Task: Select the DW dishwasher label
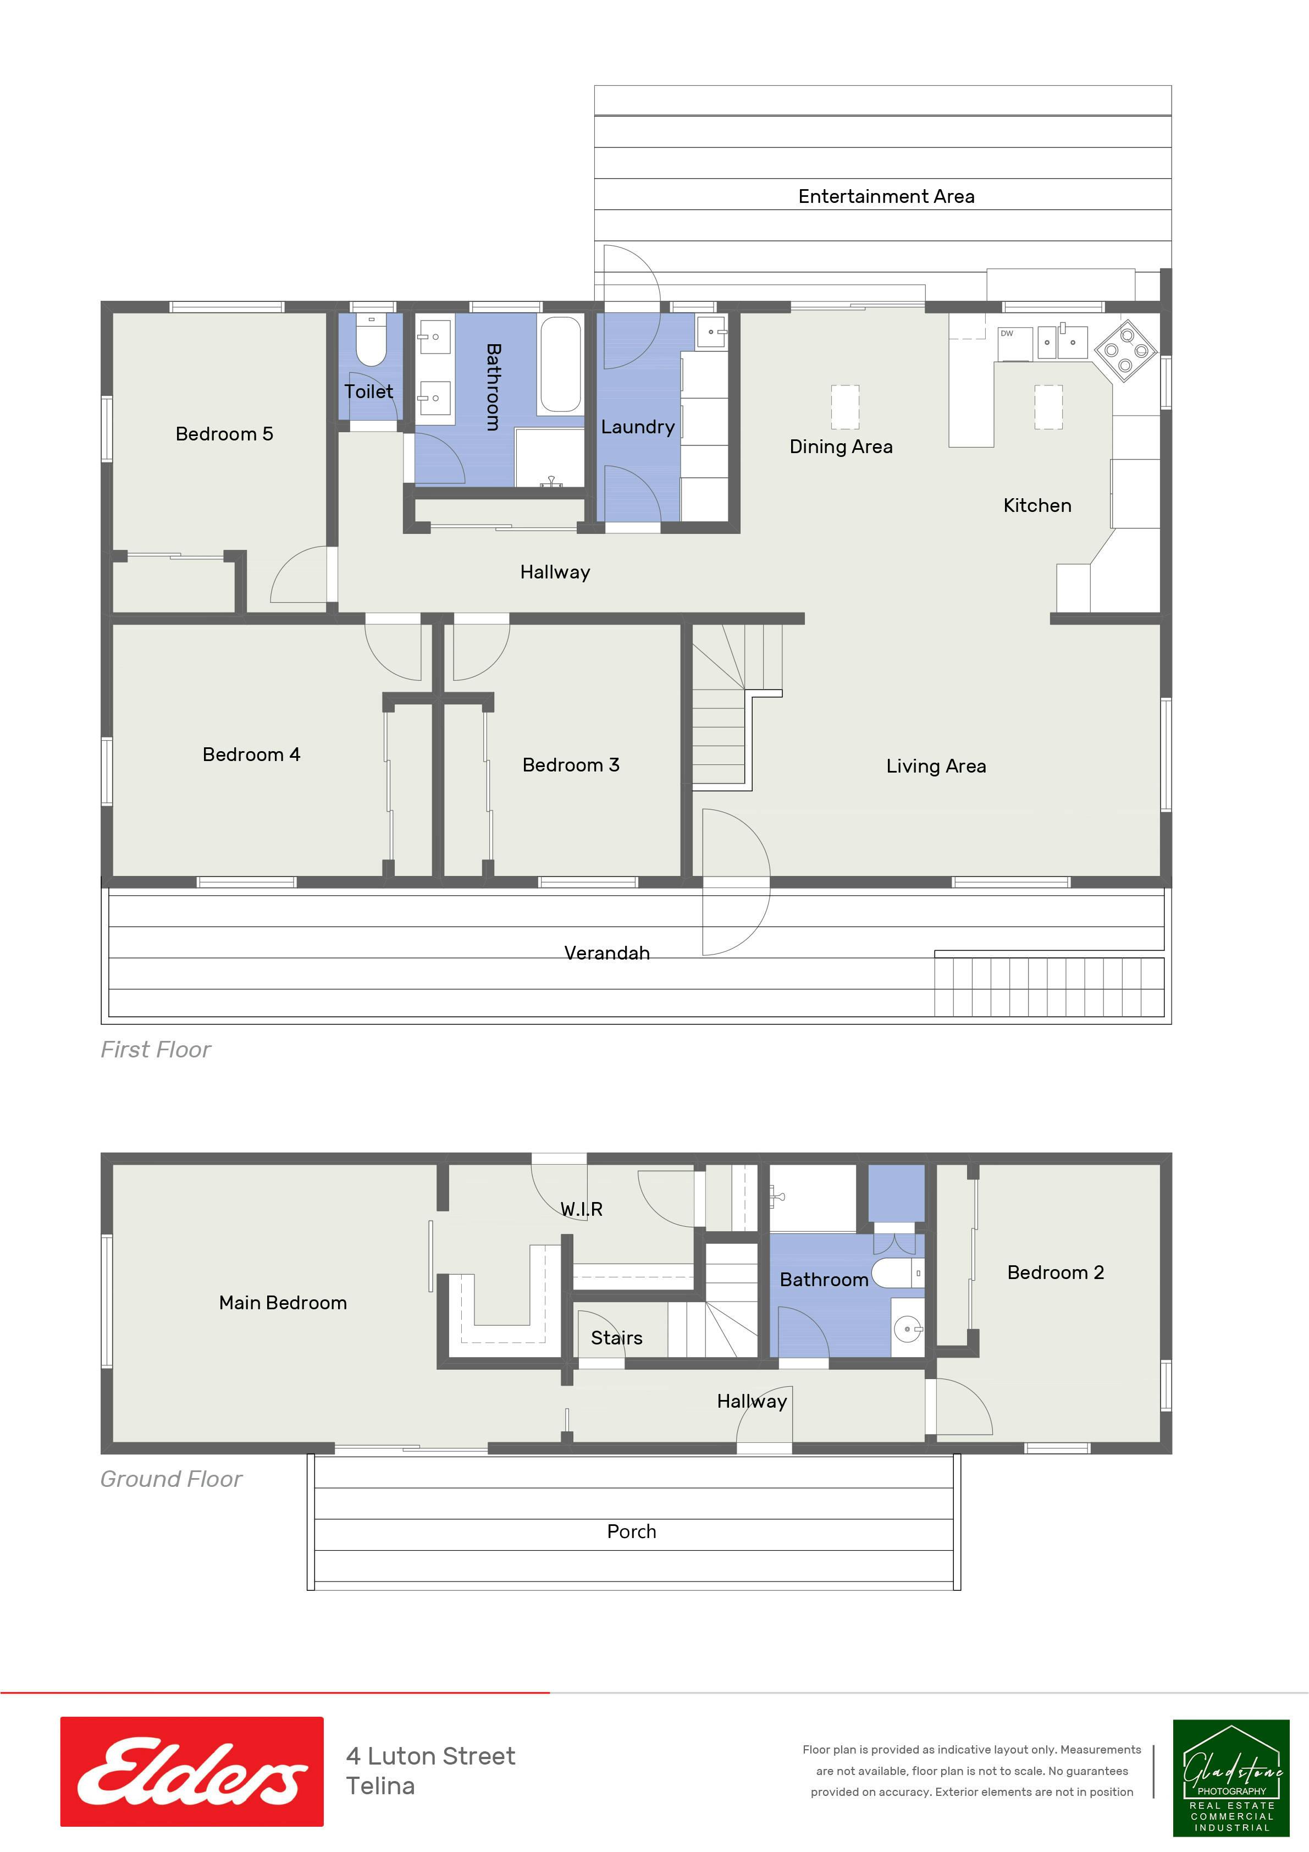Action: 1007,333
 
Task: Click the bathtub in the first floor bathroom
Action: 561,364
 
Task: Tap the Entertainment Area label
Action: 886,196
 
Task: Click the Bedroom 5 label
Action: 224,434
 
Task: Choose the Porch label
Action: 632,1531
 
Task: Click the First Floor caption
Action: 156,1049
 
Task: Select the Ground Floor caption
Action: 171,1479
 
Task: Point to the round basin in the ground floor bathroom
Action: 909,1329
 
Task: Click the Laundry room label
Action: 637,427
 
